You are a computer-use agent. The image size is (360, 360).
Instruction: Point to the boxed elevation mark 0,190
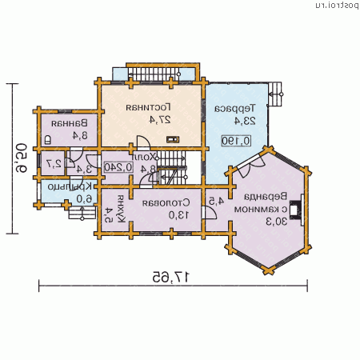(x=237, y=141)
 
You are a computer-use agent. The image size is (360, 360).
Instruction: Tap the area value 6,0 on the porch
(x=80, y=198)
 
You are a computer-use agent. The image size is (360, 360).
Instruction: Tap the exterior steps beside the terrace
(x=277, y=89)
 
